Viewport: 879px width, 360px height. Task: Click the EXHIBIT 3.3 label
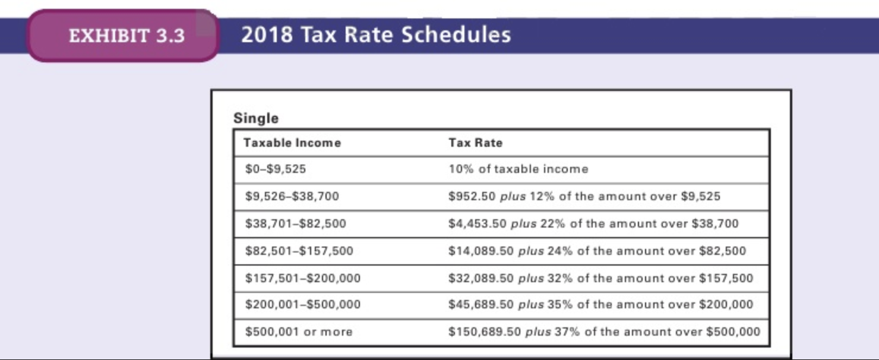127,36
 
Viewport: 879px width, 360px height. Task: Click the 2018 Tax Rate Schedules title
376,35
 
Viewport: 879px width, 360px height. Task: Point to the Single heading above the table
256,118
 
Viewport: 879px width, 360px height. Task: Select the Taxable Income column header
292,143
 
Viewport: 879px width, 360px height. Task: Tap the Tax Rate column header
475,143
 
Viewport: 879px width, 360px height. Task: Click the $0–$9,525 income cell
276,169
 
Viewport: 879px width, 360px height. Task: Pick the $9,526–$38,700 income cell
292,196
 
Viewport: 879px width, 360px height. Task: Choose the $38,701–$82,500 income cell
296,223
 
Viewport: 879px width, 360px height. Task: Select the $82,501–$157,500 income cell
299,251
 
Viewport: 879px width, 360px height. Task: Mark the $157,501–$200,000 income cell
303,278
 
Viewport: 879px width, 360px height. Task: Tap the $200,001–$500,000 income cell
303,305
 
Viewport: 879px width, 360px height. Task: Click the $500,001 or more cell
299,331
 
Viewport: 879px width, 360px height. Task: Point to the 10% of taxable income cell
518,169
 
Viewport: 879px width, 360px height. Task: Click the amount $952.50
472,196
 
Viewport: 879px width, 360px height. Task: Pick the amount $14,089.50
481,251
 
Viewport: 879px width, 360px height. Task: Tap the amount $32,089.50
481,278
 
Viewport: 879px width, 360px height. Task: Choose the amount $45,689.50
481,305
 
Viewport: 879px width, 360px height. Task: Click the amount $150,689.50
485,331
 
